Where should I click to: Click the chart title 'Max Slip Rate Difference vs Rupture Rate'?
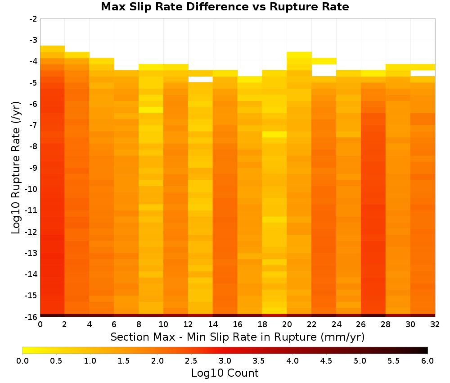[x=225, y=7]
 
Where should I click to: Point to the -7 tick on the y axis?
[x=33, y=125]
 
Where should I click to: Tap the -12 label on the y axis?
[x=31, y=232]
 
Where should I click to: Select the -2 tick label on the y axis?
[x=33, y=19]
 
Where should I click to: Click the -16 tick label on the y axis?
[x=31, y=317]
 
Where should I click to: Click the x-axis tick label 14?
[x=213, y=324]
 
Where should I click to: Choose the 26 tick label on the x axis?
[x=361, y=324]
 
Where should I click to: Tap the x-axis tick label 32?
[x=435, y=324]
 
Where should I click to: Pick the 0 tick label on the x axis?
[x=40, y=324]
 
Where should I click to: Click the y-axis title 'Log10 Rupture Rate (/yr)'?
[x=16, y=168]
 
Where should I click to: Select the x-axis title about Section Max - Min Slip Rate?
[x=238, y=337]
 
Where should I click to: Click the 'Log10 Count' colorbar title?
[x=225, y=373]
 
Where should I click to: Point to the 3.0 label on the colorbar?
[x=225, y=361]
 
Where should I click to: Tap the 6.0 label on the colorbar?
[x=427, y=361]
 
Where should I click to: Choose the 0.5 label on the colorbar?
[x=56, y=361]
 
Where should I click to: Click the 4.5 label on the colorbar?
[x=326, y=361]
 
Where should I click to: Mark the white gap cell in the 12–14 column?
[x=200, y=79]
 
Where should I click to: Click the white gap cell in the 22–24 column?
[x=324, y=70]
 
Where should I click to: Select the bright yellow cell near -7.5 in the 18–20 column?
[x=274, y=134]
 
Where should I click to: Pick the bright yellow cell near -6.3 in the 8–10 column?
[x=151, y=110]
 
